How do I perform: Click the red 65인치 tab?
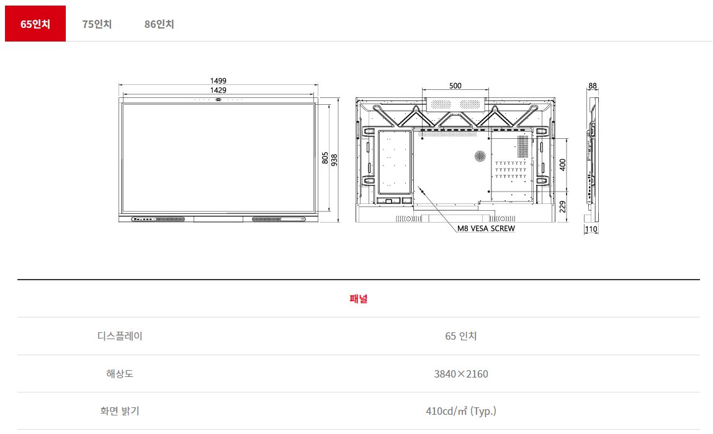(x=35, y=24)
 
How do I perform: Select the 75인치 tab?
(x=97, y=24)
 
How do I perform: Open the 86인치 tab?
(x=159, y=24)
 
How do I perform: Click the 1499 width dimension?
(x=218, y=81)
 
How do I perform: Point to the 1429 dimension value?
(x=218, y=90)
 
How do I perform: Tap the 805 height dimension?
(x=325, y=158)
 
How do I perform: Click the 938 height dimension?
(x=334, y=160)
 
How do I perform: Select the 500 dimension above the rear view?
(x=455, y=86)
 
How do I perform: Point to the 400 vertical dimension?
(x=562, y=164)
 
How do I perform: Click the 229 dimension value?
(x=562, y=207)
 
